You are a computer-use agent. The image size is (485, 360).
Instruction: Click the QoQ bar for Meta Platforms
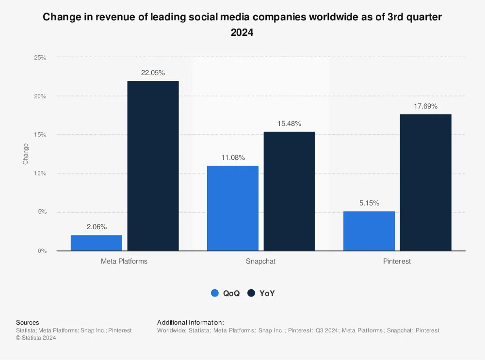click(97, 243)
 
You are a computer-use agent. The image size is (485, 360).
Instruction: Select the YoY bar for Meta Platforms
click(153, 166)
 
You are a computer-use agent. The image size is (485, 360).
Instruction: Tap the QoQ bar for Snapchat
click(233, 208)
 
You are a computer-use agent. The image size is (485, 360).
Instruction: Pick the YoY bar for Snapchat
click(289, 191)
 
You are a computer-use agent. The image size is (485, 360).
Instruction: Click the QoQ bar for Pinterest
click(369, 231)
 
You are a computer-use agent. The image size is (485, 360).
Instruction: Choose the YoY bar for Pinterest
click(425, 182)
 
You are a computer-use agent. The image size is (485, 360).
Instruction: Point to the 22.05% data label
click(153, 73)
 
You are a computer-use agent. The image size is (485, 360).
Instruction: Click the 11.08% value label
click(233, 157)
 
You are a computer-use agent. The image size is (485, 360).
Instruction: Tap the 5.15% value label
click(369, 203)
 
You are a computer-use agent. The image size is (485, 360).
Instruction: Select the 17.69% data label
click(425, 106)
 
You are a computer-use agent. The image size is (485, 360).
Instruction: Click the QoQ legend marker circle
click(215, 293)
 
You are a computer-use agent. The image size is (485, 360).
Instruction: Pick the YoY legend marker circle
click(251, 293)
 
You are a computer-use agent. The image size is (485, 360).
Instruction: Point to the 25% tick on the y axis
click(40, 58)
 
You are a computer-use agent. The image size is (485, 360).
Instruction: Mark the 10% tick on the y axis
click(40, 173)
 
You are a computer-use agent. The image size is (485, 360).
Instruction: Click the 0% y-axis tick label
click(42, 251)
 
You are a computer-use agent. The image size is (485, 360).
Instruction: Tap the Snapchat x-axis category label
click(261, 261)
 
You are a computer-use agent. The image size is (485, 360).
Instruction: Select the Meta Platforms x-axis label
click(124, 261)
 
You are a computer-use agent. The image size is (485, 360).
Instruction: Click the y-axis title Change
click(26, 154)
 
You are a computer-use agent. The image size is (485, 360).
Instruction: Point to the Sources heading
click(28, 322)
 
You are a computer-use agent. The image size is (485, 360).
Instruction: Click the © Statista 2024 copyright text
click(36, 338)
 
